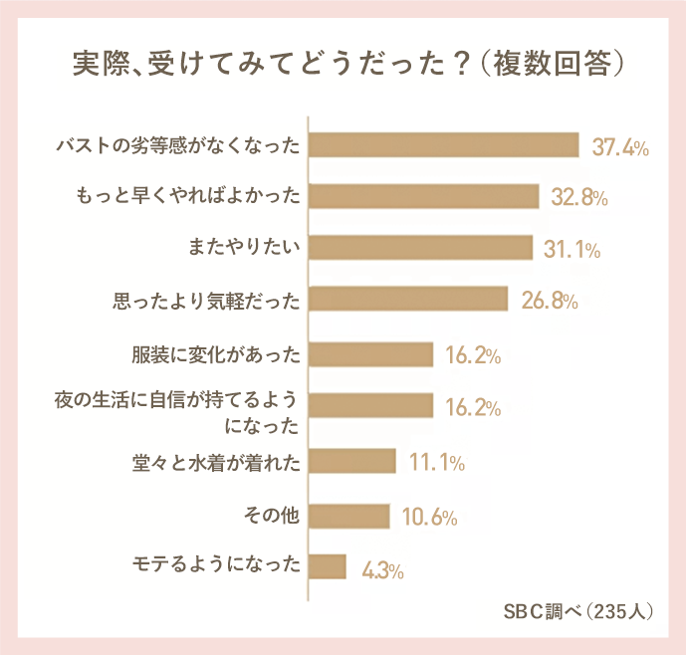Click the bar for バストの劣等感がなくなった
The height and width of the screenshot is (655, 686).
(x=444, y=145)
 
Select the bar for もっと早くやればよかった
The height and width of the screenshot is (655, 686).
(x=424, y=197)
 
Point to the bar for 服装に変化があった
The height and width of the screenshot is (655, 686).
(x=371, y=354)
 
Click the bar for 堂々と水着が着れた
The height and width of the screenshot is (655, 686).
(x=352, y=462)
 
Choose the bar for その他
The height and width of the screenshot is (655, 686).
(x=349, y=516)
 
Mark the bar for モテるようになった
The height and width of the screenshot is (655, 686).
(x=328, y=566)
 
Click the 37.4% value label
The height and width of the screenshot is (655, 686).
(x=620, y=148)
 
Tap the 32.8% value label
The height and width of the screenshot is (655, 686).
(x=579, y=198)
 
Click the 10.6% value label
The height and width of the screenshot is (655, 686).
(x=428, y=518)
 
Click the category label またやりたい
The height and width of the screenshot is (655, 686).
(x=244, y=245)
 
